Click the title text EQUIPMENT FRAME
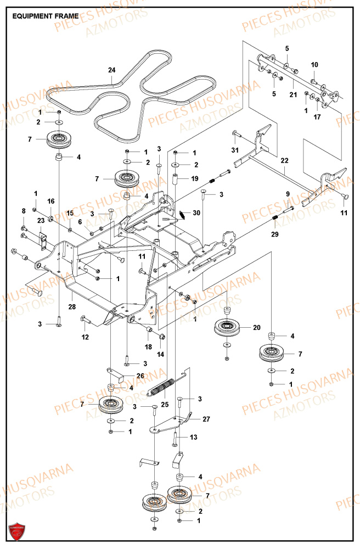click(x=45, y=16)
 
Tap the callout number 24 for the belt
click(x=112, y=70)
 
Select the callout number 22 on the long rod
click(x=284, y=160)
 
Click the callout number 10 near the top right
click(x=314, y=65)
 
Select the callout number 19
click(x=194, y=178)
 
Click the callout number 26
click(x=140, y=376)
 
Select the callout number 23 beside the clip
click(x=40, y=220)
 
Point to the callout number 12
click(x=85, y=337)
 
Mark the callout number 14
click(x=160, y=355)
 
